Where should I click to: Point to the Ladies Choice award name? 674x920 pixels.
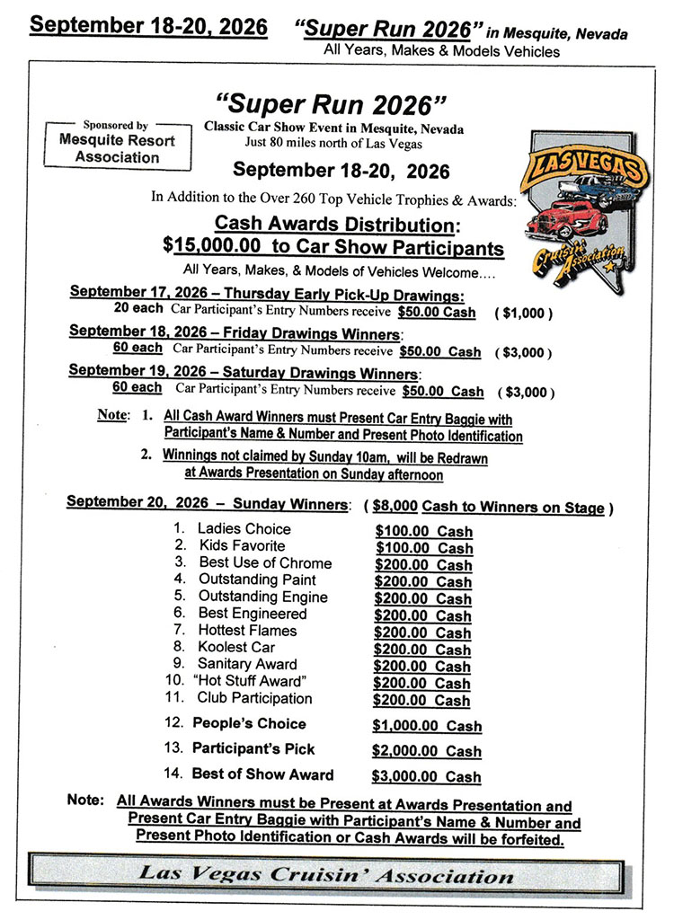tap(244, 529)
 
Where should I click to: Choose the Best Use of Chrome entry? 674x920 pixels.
tap(264, 563)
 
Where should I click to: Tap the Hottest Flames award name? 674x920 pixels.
tap(247, 631)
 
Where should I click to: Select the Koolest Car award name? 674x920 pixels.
tap(236, 647)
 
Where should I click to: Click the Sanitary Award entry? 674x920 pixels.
tap(247, 664)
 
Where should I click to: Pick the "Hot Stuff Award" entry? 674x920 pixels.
tap(250, 681)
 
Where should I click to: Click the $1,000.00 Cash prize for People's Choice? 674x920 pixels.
tap(427, 726)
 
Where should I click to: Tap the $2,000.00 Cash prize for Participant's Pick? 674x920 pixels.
tap(427, 751)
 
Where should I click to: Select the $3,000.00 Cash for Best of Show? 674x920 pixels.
tap(427, 776)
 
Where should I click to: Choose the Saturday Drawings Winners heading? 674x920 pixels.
tap(243, 373)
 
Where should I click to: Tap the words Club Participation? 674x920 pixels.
tap(254, 698)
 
